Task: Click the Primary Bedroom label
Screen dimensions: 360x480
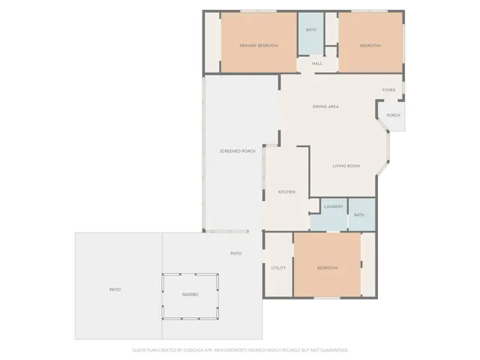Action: coord(259,46)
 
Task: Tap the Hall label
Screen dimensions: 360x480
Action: coord(317,64)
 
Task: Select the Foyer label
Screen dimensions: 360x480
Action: coord(388,90)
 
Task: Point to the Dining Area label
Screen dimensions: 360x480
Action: coord(326,106)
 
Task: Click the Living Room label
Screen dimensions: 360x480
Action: coord(346,166)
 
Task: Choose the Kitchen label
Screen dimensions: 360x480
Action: coord(286,192)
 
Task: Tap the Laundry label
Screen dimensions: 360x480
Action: coord(334,207)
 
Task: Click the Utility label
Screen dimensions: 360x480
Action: coord(278,268)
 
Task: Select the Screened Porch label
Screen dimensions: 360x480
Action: coord(237,151)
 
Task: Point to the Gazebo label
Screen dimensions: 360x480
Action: coord(190,295)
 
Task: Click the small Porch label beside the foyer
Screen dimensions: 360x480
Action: coord(393,115)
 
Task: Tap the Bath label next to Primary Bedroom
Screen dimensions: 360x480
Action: coord(310,30)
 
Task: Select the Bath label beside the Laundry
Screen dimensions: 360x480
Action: coord(359,215)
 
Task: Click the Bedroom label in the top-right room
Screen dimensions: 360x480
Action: coord(370,46)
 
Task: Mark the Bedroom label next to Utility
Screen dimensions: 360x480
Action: coord(327,268)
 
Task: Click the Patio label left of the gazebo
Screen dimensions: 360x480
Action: coord(115,289)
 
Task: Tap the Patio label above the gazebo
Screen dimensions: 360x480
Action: coord(235,253)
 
